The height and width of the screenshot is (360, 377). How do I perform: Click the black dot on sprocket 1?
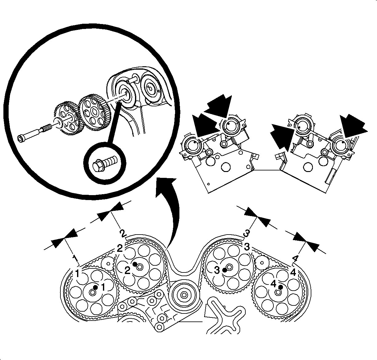pos(95,287)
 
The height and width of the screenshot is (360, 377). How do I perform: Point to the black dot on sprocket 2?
pos(135,264)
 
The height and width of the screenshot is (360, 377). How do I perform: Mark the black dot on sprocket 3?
pos(224,270)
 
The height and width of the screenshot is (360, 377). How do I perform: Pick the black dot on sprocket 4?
pos(280,287)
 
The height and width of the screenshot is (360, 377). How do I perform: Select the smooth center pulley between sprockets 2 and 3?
pos(184,295)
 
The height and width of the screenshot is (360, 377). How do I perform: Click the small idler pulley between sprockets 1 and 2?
pos(108,264)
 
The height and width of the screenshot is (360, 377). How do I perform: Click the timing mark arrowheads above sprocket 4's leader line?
pos(306,242)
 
